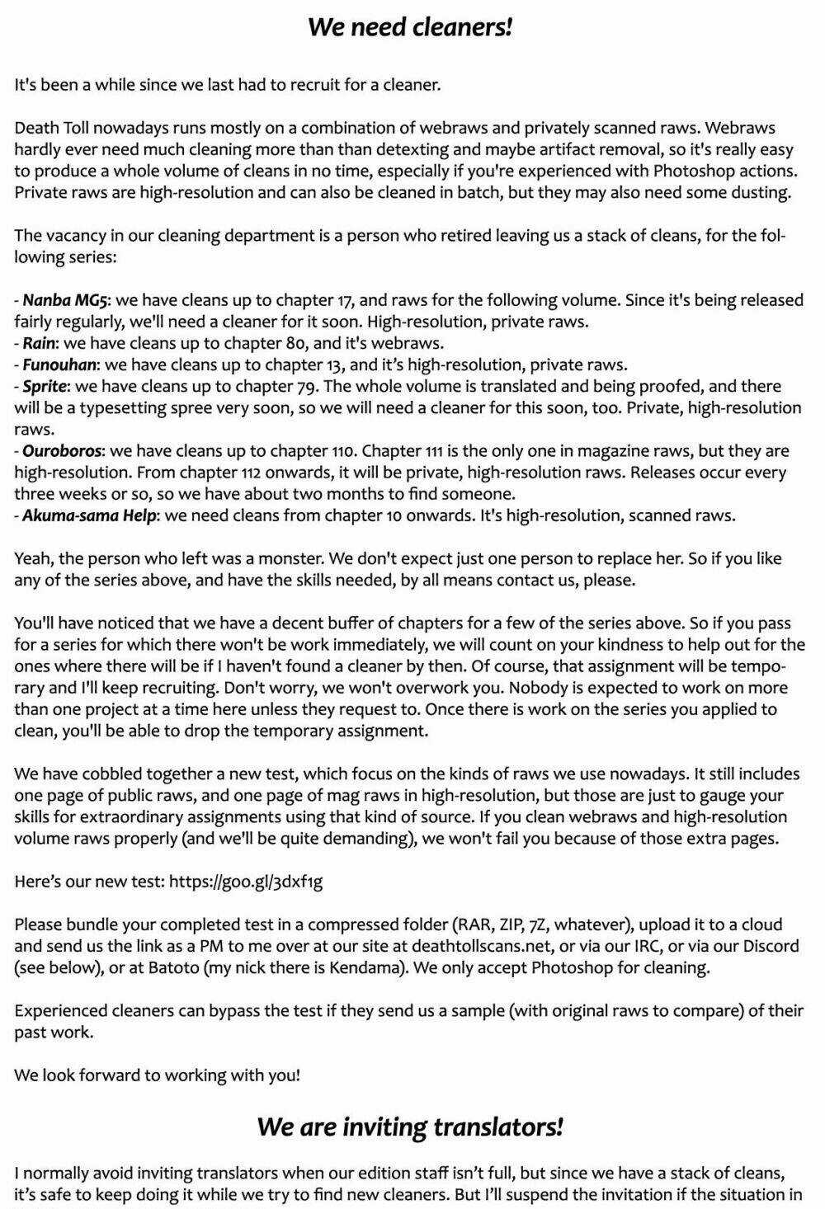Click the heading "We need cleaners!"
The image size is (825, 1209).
pos(411,26)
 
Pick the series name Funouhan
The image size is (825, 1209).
pos(59,365)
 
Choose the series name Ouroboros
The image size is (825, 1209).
pos(63,451)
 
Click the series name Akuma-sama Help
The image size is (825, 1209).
pos(89,515)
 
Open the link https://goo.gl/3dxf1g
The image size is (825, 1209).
pos(246,882)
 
